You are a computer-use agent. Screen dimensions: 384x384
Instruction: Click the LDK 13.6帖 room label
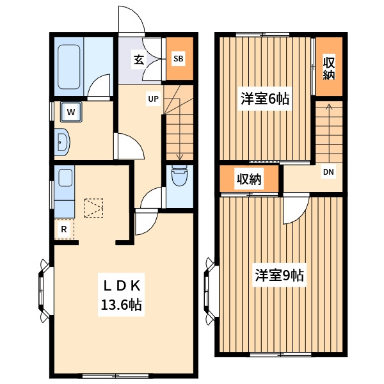point(122,295)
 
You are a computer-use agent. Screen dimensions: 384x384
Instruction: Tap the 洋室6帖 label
point(265,99)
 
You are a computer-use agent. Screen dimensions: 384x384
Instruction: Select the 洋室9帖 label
point(280,275)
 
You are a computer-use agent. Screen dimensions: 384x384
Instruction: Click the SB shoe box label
point(179,59)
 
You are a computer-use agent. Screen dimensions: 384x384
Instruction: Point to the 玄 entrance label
point(139,60)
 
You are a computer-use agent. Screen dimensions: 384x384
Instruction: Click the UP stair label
point(154,99)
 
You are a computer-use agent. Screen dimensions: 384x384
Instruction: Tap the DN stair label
point(328,172)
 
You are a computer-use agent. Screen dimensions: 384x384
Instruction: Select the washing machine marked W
point(71,112)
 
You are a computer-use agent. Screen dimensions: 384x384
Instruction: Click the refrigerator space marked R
point(64,229)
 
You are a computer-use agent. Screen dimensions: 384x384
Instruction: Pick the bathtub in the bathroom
point(69,67)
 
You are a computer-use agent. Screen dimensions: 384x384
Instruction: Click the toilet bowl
point(179,175)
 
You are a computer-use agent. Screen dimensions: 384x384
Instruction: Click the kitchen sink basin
point(65,178)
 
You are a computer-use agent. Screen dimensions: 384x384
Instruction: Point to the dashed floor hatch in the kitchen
point(93,208)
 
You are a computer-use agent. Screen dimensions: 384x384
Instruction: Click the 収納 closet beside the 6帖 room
point(329,67)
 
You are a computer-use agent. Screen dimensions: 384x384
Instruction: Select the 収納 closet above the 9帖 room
point(249,179)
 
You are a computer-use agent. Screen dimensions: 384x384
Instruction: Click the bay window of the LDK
point(45,291)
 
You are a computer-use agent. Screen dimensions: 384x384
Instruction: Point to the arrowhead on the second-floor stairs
point(329,106)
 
